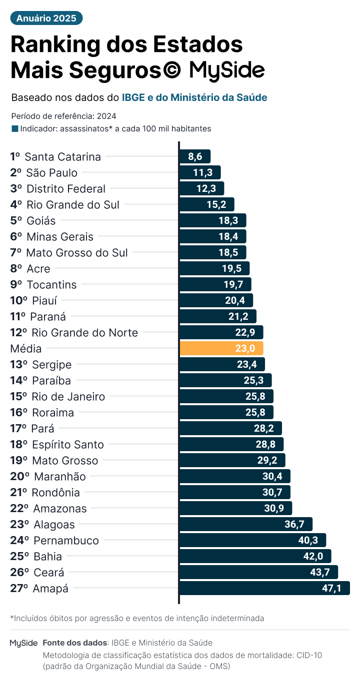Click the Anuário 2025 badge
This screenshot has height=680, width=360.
pos(46,18)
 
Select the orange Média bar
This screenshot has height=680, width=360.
pos(221,348)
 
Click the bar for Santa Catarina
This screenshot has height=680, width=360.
pos(195,156)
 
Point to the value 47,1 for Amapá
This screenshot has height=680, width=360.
pos(331,588)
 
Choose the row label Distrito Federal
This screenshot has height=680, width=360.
pos(65,189)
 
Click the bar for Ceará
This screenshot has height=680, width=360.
pos(258,572)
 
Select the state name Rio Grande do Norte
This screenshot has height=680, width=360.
pos(84,333)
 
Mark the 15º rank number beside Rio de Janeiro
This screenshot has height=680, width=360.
pos(18,397)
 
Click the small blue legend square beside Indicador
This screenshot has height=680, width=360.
pos(14,128)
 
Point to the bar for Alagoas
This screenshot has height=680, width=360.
pos(245,524)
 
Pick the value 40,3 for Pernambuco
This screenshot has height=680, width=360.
pos(308,540)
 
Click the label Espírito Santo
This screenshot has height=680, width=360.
pos(67,445)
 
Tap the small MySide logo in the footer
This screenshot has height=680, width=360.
pos(23,643)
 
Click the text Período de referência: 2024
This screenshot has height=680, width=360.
pos(63,116)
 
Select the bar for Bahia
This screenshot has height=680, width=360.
pos(255,556)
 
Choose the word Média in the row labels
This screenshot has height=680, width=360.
pos(26,349)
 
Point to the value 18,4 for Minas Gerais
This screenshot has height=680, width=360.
pos(228,237)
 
